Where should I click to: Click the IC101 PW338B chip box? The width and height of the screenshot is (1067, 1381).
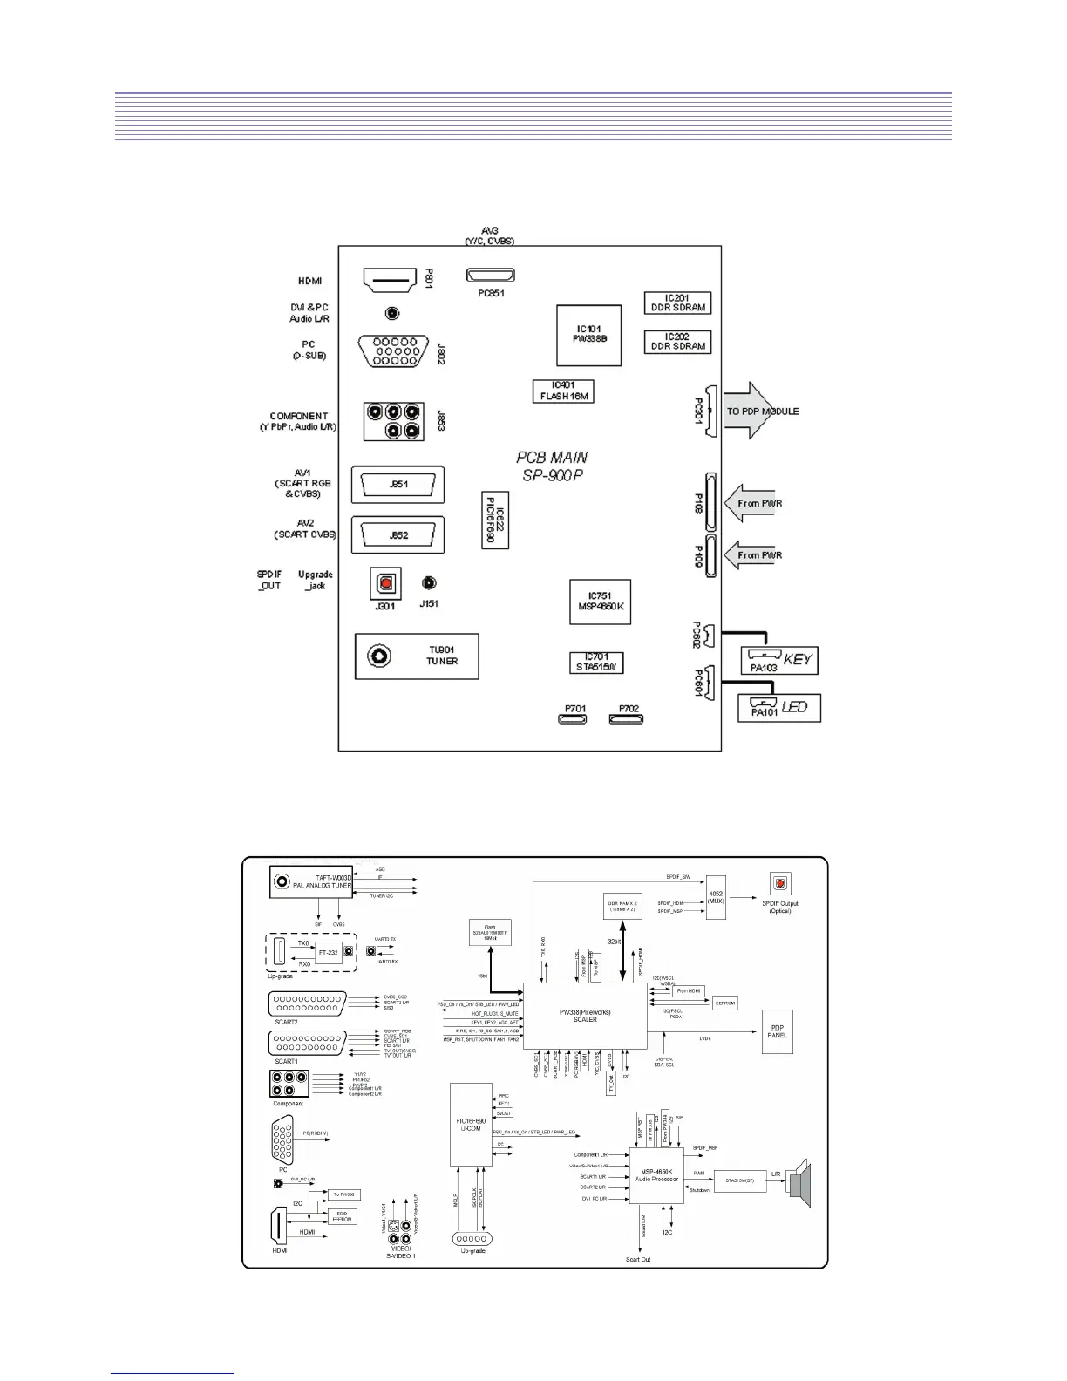coord(589,335)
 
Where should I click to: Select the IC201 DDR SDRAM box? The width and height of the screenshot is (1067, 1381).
coord(677,303)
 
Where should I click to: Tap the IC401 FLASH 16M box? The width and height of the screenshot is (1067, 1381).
coord(563,391)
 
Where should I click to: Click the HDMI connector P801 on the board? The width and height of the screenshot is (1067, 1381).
coord(388,281)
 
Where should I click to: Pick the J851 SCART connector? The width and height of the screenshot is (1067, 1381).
coord(398,485)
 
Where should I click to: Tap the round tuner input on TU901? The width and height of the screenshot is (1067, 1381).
coord(379,656)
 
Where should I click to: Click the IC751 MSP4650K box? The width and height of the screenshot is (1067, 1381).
coord(601,602)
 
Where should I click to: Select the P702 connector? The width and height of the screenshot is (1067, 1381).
coord(626,719)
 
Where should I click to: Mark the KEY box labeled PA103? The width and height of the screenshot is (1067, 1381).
coord(778,660)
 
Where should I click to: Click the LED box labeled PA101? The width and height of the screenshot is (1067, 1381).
coord(778,707)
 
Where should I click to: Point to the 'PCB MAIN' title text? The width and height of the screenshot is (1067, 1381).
coord(552,457)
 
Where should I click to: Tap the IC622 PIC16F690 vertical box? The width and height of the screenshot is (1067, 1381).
coord(495,520)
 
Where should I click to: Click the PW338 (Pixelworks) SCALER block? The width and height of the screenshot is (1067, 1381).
coord(584,1016)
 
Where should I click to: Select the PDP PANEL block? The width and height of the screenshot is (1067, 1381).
coord(777,1031)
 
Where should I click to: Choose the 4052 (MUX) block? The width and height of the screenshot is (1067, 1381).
coord(717,897)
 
